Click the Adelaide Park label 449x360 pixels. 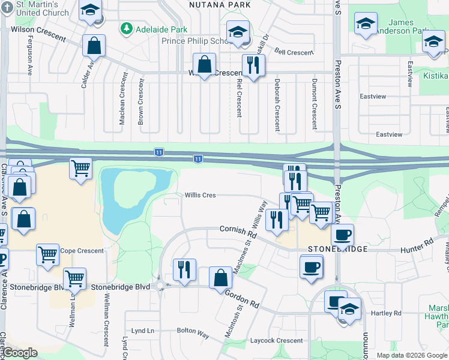tap(161, 29)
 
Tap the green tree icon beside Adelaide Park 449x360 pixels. tap(127, 28)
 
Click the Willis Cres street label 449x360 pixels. tap(200, 195)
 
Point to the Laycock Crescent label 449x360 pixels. tap(277, 341)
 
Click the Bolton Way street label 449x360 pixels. tap(192, 331)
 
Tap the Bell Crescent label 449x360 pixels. tap(294, 52)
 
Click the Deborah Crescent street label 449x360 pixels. tap(277, 104)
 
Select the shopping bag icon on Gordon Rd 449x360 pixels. tap(220, 278)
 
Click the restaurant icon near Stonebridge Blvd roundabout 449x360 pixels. tap(184, 269)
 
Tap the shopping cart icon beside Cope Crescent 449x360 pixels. tap(48, 254)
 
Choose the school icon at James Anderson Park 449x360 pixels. tap(365, 24)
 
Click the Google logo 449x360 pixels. tap(20, 353)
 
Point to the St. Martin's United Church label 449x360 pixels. tap(41, 8)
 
